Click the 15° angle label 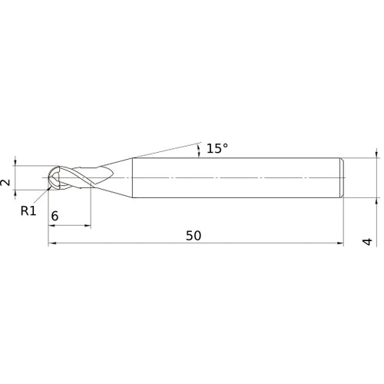(x=217, y=148)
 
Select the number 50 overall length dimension (x=194, y=236)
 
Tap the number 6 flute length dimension (x=55, y=217)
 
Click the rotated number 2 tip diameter (x=5, y=182)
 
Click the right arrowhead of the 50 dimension (x=339, y=245)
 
